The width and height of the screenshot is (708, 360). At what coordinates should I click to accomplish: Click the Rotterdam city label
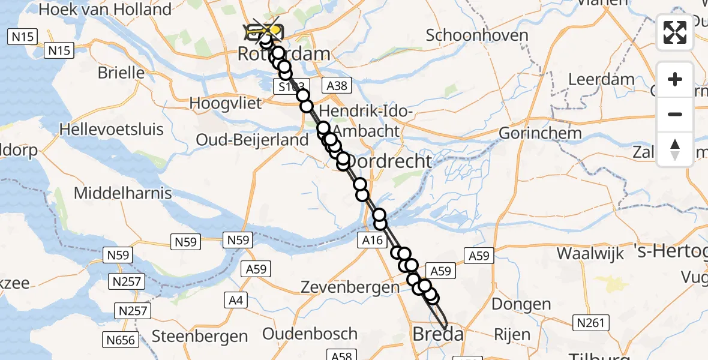click(284, 54)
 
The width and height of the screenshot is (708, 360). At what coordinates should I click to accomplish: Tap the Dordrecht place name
click(390, 161)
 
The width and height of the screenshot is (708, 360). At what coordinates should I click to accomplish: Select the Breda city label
click(438, 334)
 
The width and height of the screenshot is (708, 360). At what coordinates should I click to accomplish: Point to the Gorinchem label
click(540, 133)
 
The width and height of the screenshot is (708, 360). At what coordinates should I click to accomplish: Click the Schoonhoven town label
click(477, 35)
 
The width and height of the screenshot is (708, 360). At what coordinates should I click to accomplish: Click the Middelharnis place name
click(122, 193)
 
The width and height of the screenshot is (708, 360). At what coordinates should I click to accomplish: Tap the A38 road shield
click(336, 86)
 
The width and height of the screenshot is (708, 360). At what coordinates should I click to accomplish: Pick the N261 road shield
click(589, 323)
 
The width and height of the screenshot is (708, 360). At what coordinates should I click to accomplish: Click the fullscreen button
click(675, 32)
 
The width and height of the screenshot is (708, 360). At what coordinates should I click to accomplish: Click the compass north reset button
click(675, 149)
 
